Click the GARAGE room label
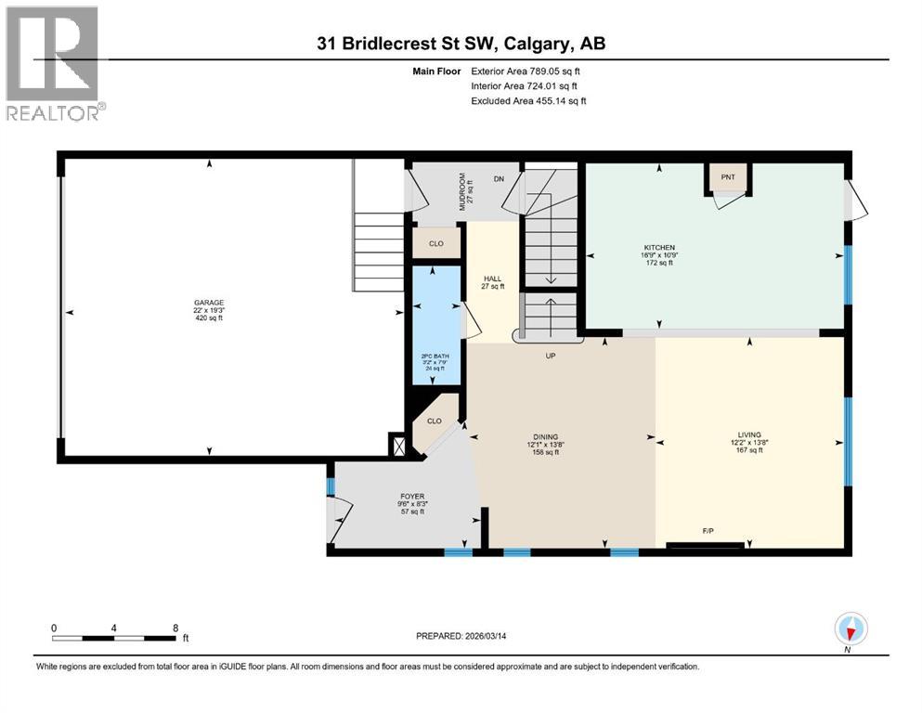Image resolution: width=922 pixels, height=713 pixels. pos(208,302)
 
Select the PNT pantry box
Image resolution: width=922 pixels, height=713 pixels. pos(727,176)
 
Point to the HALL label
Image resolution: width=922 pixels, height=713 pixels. pos(492,279)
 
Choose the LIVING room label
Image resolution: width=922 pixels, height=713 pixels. pos(748,434)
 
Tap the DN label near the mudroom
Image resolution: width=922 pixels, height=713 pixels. pos(499,180)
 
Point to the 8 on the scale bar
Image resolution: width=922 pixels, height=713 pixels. pos(175,628)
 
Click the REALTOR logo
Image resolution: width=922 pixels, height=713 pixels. pos(54,63)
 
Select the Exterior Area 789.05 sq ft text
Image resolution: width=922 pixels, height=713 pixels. pos(526,71)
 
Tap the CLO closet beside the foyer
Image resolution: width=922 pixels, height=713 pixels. pos(434,421)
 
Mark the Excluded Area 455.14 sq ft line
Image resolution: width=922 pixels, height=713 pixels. pos(528,100)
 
